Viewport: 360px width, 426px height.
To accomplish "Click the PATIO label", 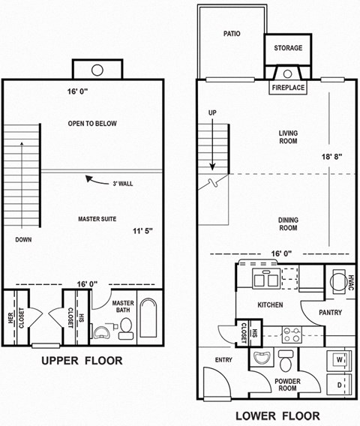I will click(x=230, y=34).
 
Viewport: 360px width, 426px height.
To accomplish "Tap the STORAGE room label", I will click(x=287, y=48).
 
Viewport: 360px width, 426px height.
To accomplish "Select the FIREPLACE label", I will click(x=288, y=88).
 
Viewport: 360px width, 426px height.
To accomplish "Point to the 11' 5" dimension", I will click(x=144, y=232).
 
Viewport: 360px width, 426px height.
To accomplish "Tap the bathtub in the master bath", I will click(x=148, y=321).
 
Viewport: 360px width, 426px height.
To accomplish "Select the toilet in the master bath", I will click(x=125, y=327).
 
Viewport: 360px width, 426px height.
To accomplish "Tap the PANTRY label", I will click(x=330, y=312).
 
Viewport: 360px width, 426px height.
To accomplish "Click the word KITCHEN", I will click(x=270, y=305).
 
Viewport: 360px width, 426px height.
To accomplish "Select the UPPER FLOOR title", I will click(x=83, y=361).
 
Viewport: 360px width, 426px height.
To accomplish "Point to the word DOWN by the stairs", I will click(x=23, y=240).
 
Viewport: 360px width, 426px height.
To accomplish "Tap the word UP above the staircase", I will click(x=212, y=114).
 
